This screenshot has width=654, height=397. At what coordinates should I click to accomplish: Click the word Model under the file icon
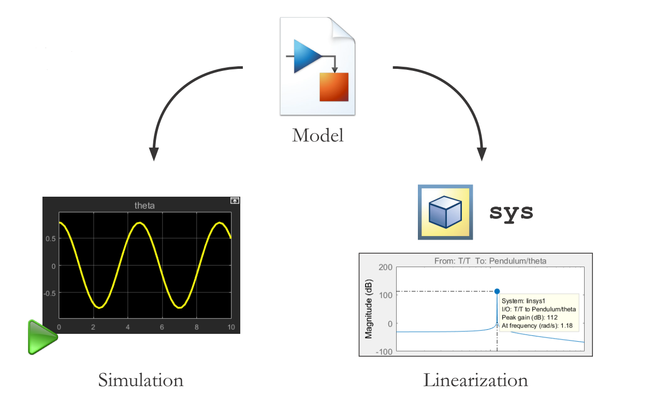point(317,136)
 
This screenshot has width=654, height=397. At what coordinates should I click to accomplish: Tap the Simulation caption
point(141,380)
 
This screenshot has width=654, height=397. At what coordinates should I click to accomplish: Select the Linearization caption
point(475,380)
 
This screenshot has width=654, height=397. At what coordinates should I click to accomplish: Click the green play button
point(41,337)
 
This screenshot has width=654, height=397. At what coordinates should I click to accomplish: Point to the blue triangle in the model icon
point(307,55)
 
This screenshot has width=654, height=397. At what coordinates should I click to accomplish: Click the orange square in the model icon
point(334,86)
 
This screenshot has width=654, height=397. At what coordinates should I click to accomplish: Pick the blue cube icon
point(445,212)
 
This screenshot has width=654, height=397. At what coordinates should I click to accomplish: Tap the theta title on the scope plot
point(144,205)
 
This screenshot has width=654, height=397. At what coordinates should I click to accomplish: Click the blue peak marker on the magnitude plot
point(497,291)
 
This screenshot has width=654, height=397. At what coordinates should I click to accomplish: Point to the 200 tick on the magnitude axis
point(386,267)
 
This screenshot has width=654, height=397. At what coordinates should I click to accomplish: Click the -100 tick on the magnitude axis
point(384,351)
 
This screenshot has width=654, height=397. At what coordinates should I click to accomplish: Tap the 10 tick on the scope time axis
point(231,327)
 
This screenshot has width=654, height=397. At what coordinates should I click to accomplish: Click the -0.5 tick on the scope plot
point(49,292)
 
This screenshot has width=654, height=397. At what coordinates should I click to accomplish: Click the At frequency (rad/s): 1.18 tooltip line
point(536,325)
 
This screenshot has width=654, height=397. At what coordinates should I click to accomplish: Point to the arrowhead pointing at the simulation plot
point(154,154)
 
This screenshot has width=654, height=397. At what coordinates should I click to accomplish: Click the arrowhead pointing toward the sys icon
point(482,154)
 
